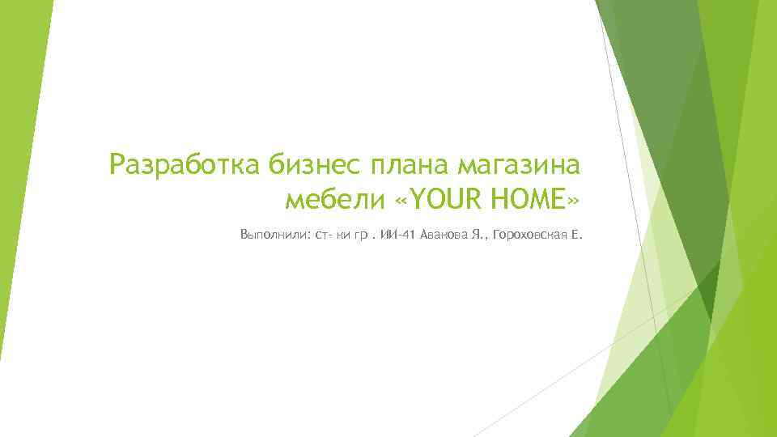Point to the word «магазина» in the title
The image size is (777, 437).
coord(519,166)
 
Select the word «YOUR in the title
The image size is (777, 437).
coord(425,198)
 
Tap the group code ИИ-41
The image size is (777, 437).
coord(397,235)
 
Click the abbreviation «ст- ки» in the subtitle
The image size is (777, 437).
coord(331,235)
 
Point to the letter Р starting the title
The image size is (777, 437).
coord(119,166)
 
